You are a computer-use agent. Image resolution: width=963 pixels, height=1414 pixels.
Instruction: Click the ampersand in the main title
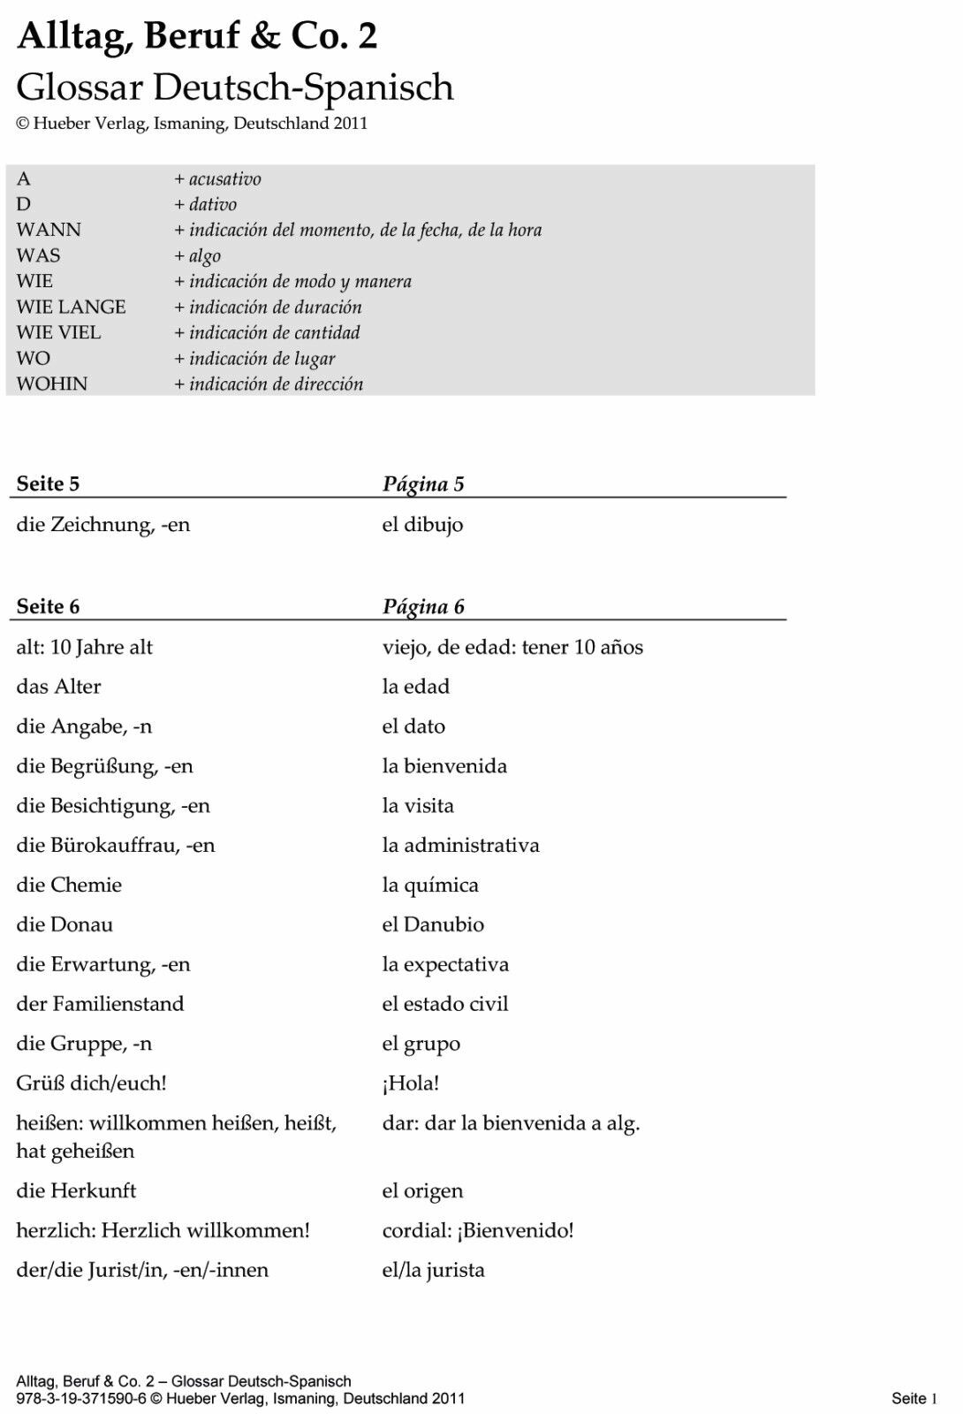[265, 36]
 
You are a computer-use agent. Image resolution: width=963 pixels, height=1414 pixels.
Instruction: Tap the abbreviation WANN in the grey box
[49, 230]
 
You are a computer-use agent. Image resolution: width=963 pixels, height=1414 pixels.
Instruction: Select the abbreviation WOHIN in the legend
[52, 384]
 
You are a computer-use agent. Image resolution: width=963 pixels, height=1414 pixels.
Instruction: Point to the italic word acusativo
[224, 179]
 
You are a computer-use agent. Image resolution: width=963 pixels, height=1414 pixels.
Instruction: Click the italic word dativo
[212, 204]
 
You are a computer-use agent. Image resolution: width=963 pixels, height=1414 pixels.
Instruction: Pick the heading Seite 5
[48, 483]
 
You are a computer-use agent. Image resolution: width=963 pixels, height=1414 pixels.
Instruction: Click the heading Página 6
[423, 606]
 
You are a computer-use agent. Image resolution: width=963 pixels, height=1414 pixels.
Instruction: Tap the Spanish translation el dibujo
[422, 524]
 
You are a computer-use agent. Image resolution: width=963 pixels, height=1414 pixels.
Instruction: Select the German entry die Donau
[64, 924]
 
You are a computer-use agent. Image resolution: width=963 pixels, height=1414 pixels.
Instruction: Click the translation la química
[430, 885]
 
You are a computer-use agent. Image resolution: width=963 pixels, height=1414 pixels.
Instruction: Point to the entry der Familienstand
[100, 1004]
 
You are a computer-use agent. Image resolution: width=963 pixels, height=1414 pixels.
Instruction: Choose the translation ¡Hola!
[411, 1083]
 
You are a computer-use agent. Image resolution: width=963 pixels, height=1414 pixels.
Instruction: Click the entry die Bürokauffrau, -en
[115, 845]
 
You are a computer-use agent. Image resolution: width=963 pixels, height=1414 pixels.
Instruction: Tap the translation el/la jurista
[433, 1270]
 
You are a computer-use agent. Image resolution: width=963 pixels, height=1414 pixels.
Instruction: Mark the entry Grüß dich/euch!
[91, 1083]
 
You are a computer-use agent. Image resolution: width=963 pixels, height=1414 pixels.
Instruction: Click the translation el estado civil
[445, 1004]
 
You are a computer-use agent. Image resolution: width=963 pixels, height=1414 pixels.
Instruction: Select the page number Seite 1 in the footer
[914, 1398]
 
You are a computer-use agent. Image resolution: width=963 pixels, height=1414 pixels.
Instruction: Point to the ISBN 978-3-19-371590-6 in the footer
[81, 1398]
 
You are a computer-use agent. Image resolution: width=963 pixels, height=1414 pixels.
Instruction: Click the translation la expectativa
[445, 964]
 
